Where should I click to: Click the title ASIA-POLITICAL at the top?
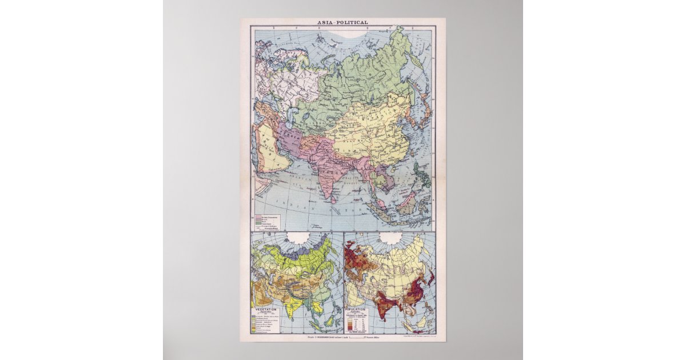(343, 23)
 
